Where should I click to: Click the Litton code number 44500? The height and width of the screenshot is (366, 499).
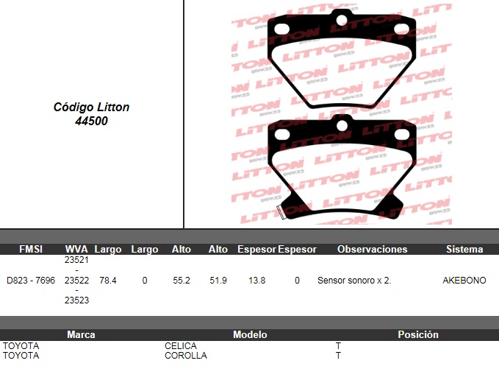click(91, 122)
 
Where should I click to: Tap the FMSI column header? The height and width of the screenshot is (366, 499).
click(31, 249)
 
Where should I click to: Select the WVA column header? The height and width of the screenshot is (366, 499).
click(76, 249)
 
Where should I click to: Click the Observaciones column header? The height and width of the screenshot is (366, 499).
click(373, 249)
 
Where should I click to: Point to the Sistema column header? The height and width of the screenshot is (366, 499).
click(464, 249)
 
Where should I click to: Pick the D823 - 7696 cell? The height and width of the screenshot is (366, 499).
click(31, 281)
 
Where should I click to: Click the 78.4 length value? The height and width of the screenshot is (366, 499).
click(108, 281)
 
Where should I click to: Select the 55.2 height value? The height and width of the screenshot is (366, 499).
click(182, 281)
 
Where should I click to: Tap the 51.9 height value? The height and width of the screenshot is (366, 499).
click(218, 281)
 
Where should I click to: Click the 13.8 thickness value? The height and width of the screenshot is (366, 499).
click(256, 281)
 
